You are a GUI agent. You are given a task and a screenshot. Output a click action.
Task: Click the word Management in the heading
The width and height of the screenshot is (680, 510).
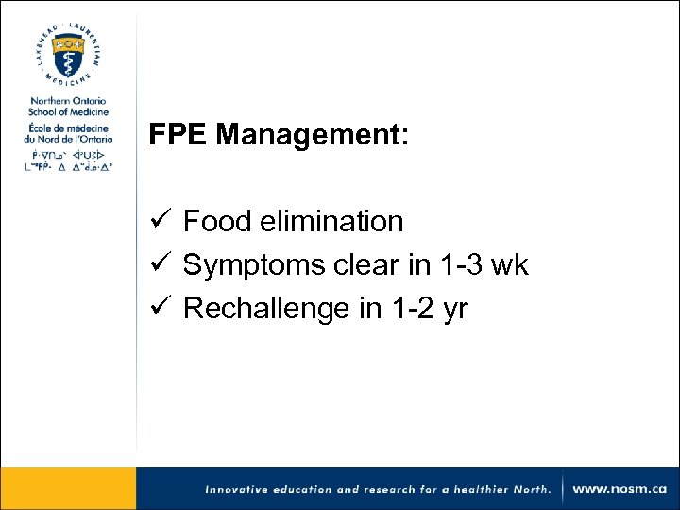(x=313, y=136)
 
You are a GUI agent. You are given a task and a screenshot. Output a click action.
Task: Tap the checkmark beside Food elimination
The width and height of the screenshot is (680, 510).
(x=160, y=222)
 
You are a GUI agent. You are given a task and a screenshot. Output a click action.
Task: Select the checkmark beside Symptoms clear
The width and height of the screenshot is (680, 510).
(x=160, y=265)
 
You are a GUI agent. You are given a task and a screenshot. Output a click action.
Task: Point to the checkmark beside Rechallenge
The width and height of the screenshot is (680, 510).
(x=160, y=309)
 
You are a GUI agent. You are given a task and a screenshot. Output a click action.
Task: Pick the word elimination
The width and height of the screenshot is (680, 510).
(x=331, y=222)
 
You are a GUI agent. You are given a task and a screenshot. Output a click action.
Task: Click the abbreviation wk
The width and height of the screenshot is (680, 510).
(x=512, y=265)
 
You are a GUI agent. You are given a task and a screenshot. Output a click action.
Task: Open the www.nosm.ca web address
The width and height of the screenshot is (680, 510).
(x=620, y=490)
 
